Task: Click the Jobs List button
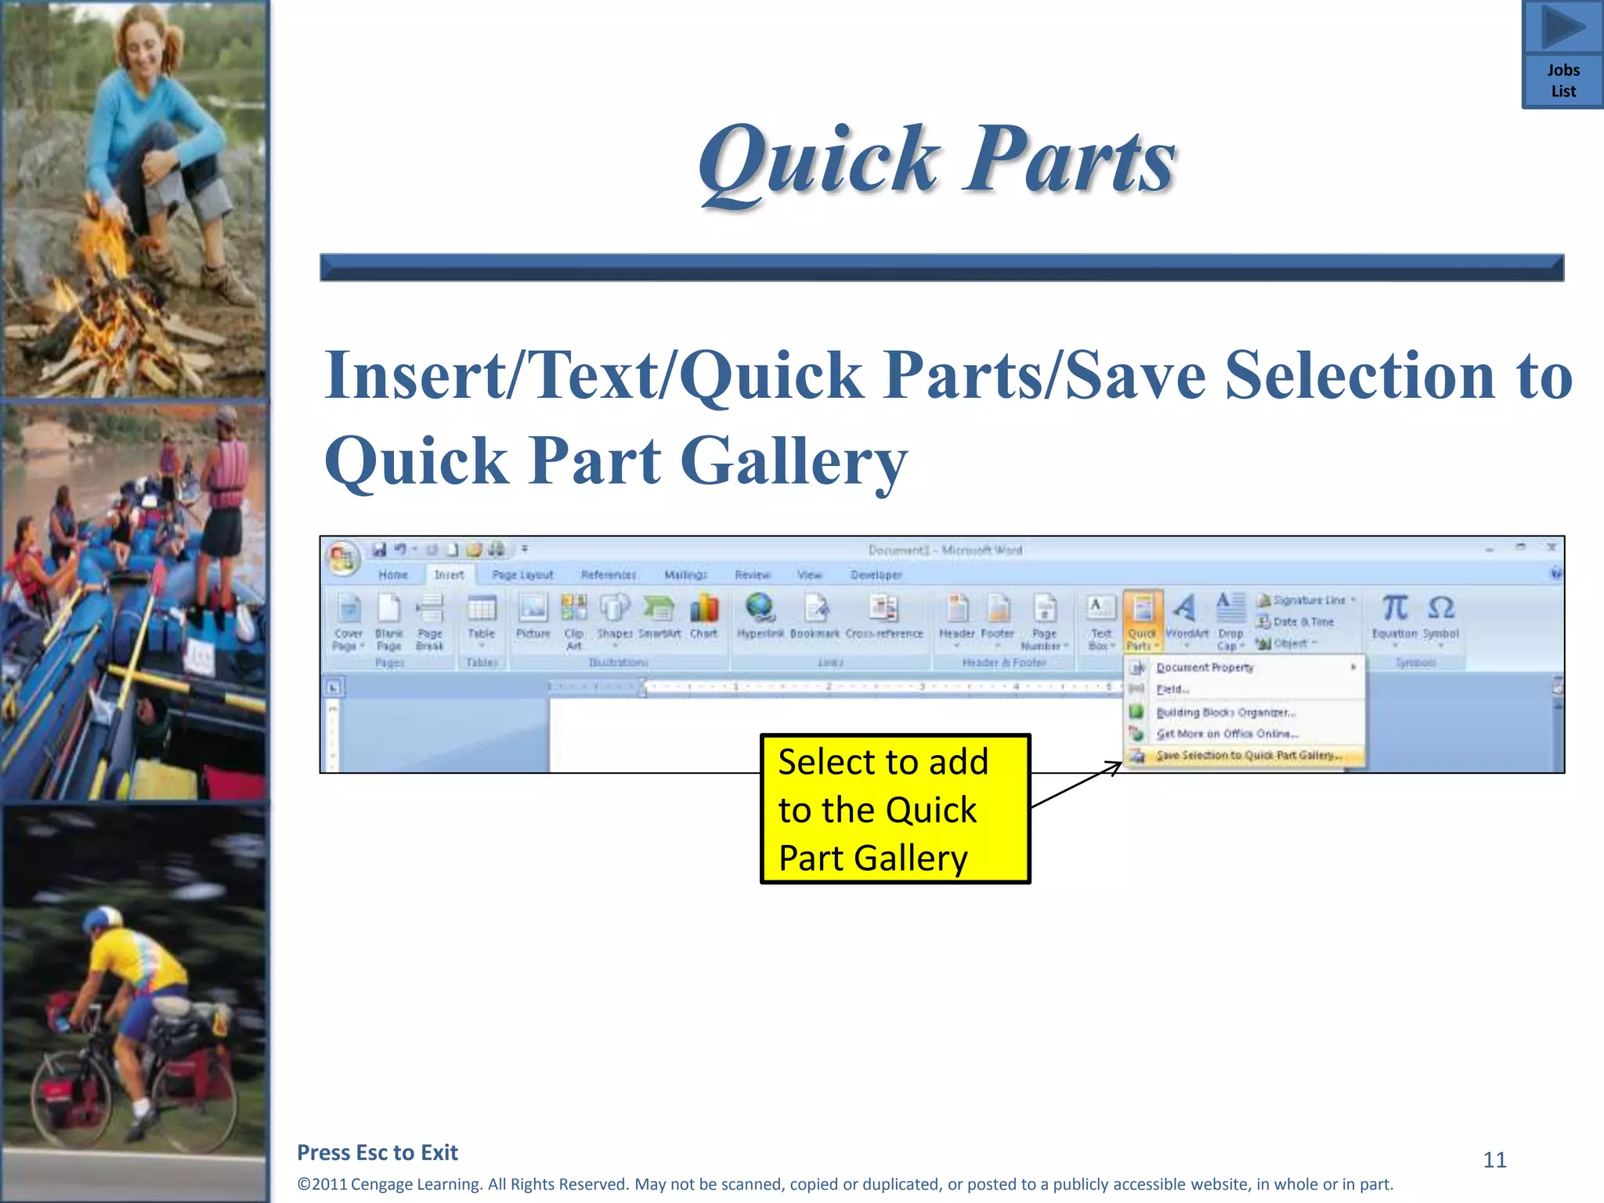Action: coord(1562,55)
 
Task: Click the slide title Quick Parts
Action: coord(937,161)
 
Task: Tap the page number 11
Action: coord(1494,1160)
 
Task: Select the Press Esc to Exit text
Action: coord(378,1153)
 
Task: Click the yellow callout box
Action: coord(894,809)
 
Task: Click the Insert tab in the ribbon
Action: coord(449,575)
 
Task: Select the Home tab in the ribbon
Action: coord(393,575)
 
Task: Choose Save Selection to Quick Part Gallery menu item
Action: coord(1248,756)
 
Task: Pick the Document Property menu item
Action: coord(1205,668)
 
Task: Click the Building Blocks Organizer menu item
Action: coord(1226,713)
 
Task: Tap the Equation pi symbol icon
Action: coord(1395,608)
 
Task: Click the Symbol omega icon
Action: coord(1441,608)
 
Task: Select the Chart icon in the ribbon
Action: coord(704,610)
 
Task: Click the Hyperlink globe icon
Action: coord(760,609)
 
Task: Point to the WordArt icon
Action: coord(1186,609)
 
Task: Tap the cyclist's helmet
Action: coord(103,918)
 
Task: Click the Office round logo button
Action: coord(342,558)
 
